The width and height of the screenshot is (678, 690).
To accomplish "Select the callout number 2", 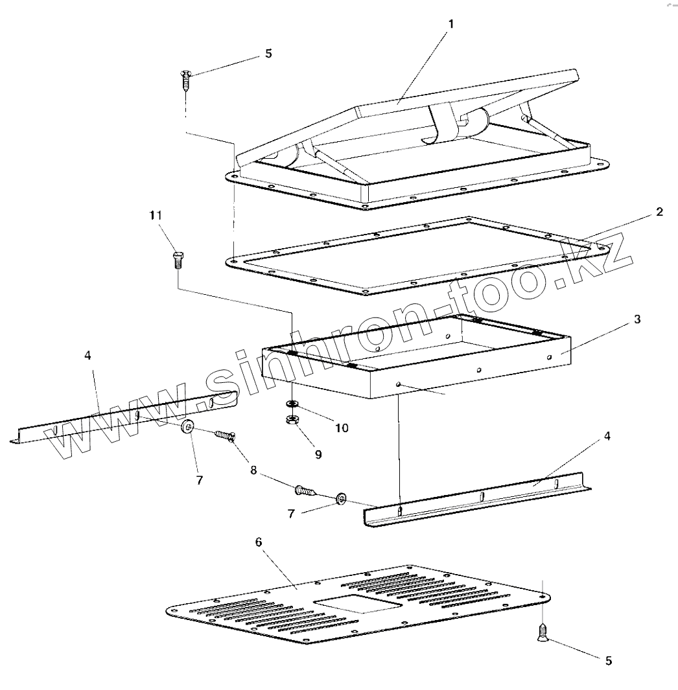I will click(x=659, y=213).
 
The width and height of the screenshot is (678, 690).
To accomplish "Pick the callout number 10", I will click(x=342, y=428).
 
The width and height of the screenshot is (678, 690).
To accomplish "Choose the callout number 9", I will click(x=318, y=454).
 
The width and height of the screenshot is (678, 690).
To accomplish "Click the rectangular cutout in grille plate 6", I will click(x=357, y=604).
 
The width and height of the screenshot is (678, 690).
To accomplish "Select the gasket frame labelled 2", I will click(x=272, y=272).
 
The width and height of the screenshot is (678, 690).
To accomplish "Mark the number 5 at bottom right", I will click(x=608, y=661).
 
